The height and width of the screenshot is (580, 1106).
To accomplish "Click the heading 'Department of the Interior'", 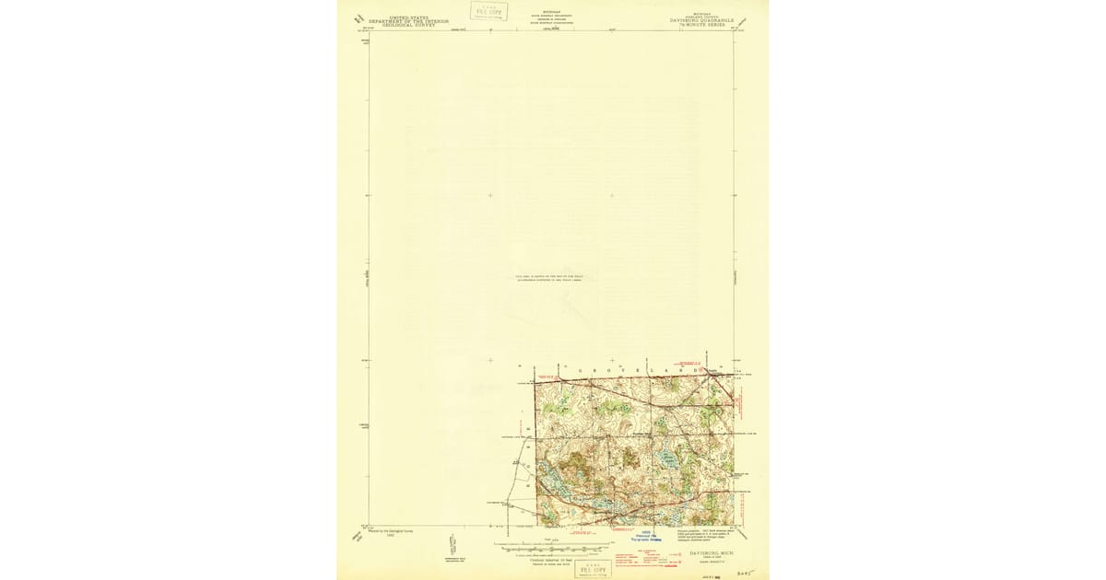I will (408, 21).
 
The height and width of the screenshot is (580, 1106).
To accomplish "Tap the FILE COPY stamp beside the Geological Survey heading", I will (488, 11).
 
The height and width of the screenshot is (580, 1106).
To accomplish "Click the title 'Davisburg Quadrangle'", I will (698, 21).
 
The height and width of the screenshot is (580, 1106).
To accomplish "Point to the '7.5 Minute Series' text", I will (698, 26).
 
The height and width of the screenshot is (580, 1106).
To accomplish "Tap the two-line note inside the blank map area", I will (550, 278).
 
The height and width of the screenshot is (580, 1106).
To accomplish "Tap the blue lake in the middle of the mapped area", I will (660, 457).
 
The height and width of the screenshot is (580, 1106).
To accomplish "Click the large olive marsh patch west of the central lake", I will (579, 460).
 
